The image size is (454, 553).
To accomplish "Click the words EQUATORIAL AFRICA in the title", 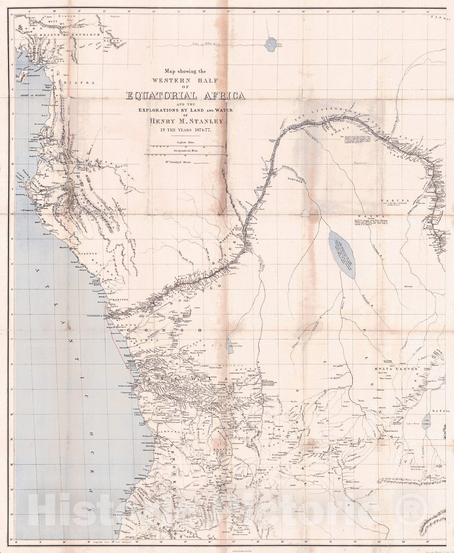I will click(186, 96).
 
